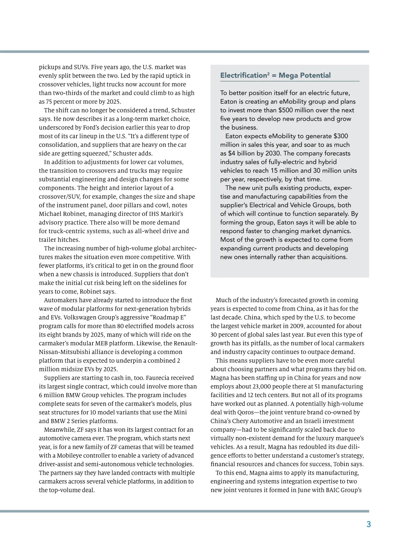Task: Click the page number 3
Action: pyautogui.click(x=369, y=524)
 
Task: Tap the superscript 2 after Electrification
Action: pyautogui.click(x=268, y=73)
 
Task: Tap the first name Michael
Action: pyautogui.click(x=50, y=214)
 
